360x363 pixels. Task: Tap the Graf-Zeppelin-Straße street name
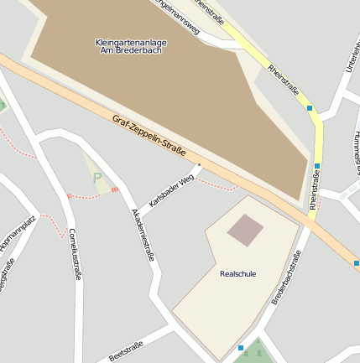point(149,136)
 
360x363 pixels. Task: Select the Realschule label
point(237,274)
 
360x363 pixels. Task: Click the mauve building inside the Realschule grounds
point(246,230)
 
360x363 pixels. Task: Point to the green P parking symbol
point(97,178)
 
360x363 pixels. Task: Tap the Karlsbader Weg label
point(171,190)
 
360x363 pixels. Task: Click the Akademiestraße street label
point(143,235)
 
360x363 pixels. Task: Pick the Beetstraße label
point(127,350)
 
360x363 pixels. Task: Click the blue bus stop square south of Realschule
point(241,347)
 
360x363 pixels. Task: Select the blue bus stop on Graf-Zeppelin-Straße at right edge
point(357,263)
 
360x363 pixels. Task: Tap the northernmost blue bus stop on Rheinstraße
point(310,108)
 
